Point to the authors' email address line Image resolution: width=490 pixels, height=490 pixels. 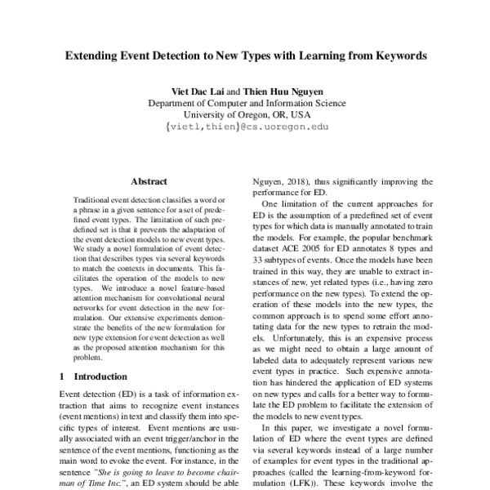[x=246, y=127]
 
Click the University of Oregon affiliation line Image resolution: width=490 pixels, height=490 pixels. [x=246, y=115]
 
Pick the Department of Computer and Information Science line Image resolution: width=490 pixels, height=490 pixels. [x=246, y=103]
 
